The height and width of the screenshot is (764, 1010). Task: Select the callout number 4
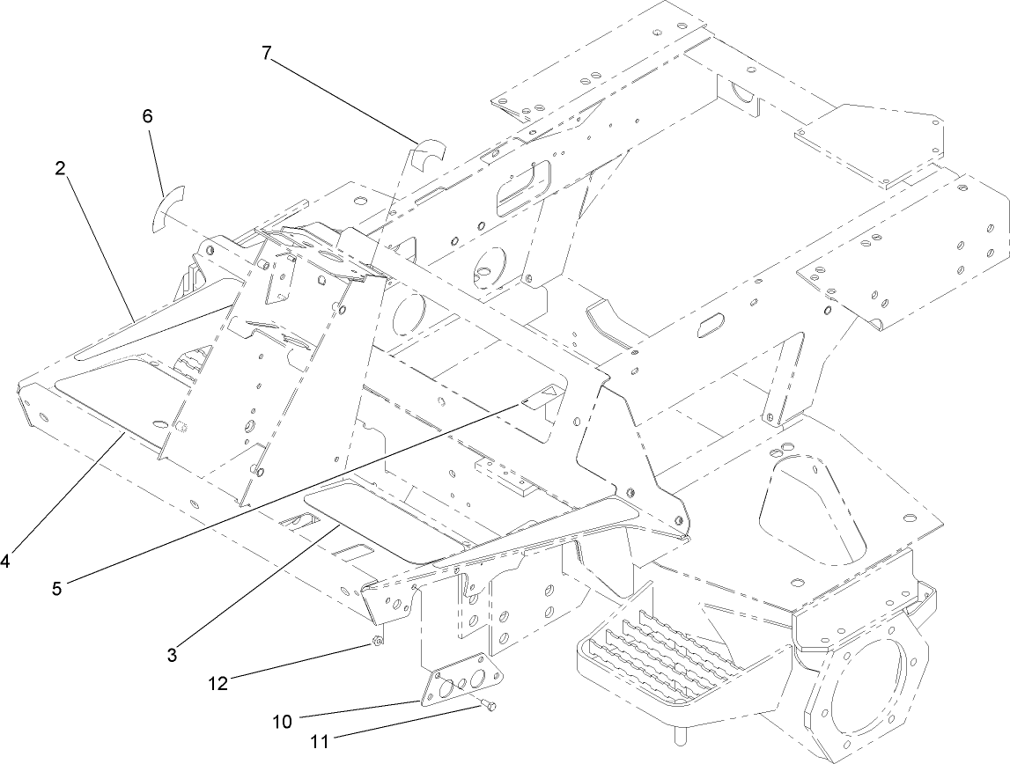click(x=6, y=560)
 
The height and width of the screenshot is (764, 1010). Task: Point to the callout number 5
click(x=57, y=589)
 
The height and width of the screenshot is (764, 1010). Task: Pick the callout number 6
click(x=147, y=115)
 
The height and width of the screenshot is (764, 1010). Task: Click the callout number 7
click(x=266, y=52)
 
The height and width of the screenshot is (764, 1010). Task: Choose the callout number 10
click(x=283, y=723)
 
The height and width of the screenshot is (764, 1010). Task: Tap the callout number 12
click(x=219, y=682)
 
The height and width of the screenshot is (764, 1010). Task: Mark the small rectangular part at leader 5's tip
click(x=539, y=397)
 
